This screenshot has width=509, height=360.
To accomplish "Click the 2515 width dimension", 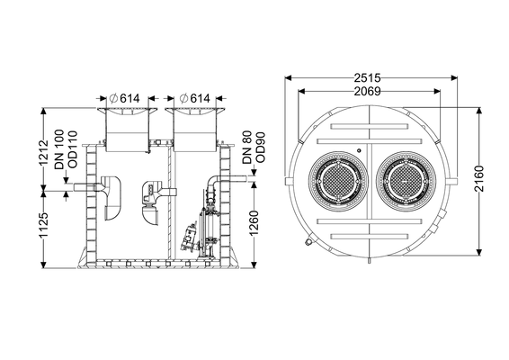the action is (x=367, y=78).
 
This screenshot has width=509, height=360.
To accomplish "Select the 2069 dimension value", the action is (x=367, y=92).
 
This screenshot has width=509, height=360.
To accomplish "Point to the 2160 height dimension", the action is (x=478, y=179).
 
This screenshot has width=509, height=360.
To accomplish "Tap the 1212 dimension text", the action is (x=43, y=153).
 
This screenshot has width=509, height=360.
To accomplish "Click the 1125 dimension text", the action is (x=43, y=226).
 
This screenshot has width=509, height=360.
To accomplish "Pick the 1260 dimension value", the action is (x=254, y=223).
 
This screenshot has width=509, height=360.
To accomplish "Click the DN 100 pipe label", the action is (x=59, y=149).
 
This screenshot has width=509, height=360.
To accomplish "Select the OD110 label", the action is (x=73, y=149).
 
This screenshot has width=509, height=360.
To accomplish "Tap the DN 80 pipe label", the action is (x=247, y=147).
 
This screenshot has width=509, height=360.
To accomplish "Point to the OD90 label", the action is (x=261, y=148).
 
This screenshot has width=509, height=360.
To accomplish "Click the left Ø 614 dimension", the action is (x=125, y=98).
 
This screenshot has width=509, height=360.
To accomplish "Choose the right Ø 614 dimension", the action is (x=195, y=98).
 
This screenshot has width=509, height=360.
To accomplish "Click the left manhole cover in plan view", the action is (x=338, y=181).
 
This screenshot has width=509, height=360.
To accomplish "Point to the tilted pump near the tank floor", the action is (x=189, y=236).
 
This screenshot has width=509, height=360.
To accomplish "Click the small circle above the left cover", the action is (x=359, y=150).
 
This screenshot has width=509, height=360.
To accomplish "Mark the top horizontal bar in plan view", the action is (x=369, y=126).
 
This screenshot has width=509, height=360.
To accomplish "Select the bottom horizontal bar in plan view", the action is (x=369, y=236).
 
